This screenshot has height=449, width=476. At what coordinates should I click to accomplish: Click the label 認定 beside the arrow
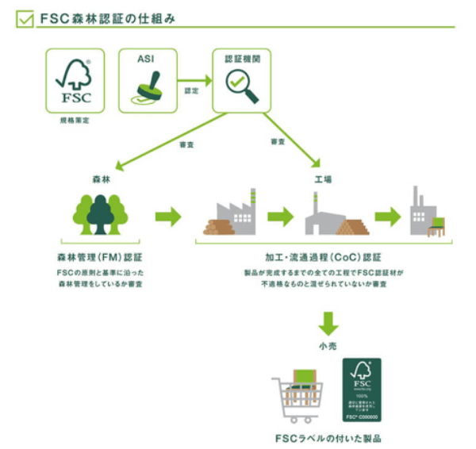point(192,91)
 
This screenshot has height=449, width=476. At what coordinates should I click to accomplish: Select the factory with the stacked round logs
point(228,216)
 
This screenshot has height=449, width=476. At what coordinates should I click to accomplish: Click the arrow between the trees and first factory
point(167,216)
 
